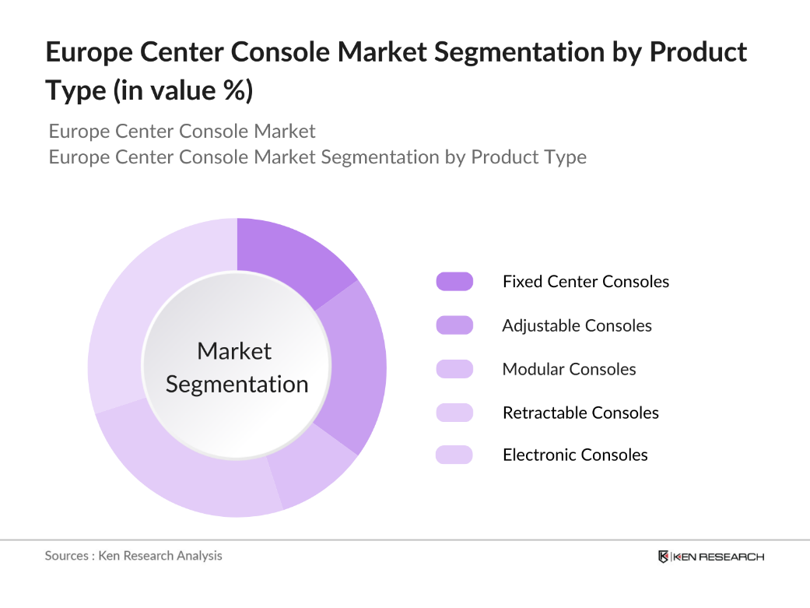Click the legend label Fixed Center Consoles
[x=585, y=282]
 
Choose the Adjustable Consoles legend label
[x=577, y=325]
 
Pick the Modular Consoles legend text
[x=569, y=369]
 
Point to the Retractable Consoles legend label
[x=580, y=413]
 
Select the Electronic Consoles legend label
[x=575, y=455]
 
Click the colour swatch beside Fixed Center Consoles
[x=454, y=282]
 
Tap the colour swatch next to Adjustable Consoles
[x=454, y=325]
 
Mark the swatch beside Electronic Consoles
[x=454, y=455]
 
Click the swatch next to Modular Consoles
[x=454, y=369]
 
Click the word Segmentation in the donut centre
[x=237, y=385]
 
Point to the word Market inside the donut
[x=234, y=351]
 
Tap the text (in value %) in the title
[x=184, y=90]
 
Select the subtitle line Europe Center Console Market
[x=182, y=131]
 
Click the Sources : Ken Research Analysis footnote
[x=133, y=556]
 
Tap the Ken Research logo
[x=710, y=557]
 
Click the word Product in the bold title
[x=697, y=52]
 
